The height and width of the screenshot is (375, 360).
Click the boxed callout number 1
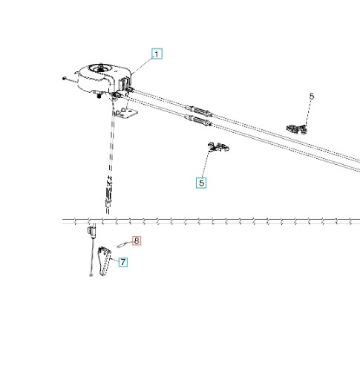[157, 54]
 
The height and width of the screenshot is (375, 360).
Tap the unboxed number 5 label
[312, 97]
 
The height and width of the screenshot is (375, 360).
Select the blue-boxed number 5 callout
[201, 183]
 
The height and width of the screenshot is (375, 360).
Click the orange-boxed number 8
[137, 241]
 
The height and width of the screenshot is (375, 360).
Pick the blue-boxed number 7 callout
[123, 262]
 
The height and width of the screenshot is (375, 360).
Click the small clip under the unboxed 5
[297, 129]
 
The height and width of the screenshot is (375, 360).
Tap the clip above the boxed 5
[217, 147]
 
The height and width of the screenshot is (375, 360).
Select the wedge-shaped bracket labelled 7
[105, 261]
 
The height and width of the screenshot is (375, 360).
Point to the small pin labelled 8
[122, 245]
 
